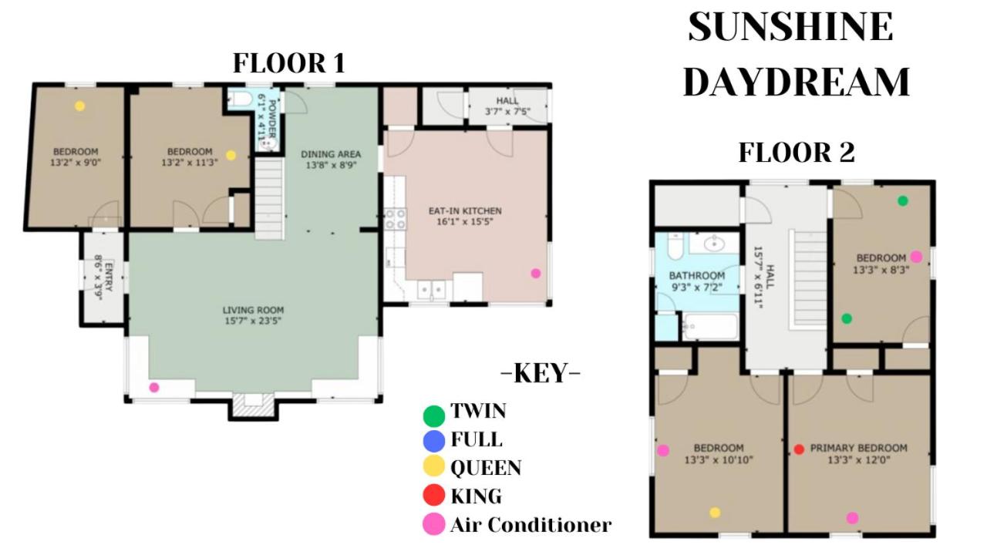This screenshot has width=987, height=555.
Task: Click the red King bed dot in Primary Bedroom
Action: tap(799, 449)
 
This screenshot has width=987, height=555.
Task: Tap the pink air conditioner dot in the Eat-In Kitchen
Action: tap(535, 274)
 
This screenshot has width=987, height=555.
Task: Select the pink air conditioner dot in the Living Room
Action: tap(153, 388)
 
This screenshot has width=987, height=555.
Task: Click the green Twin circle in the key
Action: tap(433, 415)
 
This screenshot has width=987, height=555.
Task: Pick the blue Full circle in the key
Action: tap(433, 442)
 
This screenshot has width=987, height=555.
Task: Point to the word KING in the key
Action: tap(476, 496)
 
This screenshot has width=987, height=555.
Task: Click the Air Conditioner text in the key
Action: tap(531, 525)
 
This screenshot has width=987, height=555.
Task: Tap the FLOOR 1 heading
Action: tap(288, 63)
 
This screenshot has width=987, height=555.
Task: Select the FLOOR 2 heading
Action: tap(797, 153)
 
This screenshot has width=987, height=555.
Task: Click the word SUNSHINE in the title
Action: tap(791, 27)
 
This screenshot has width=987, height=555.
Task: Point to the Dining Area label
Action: tap(331, 154)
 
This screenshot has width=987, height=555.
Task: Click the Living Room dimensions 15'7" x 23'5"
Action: tap(253, 321)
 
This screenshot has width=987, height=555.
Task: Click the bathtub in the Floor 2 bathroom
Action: tap(710, 326)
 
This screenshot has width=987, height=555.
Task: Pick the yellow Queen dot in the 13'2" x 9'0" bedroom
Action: tap(79, 106)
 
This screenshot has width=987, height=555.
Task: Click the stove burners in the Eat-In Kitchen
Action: tap(396, 219)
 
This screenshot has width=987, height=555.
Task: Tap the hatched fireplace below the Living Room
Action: tap(253, 405)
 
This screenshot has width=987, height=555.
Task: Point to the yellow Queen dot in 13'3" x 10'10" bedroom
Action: tap(715, 513)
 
